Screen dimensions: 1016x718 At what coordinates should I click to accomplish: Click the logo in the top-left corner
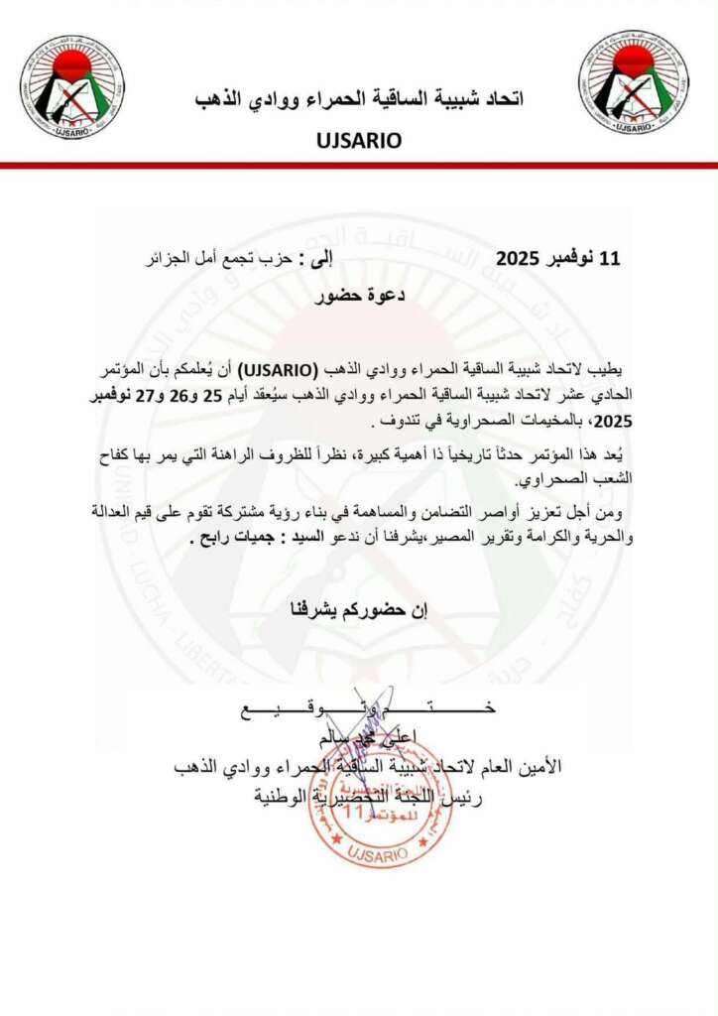point(71,85)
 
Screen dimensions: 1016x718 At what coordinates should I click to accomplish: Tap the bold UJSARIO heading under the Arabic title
point(359,140)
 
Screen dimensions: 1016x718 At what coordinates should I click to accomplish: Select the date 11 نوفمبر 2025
point(558,260)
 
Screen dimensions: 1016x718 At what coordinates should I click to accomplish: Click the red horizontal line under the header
point(359,166)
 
